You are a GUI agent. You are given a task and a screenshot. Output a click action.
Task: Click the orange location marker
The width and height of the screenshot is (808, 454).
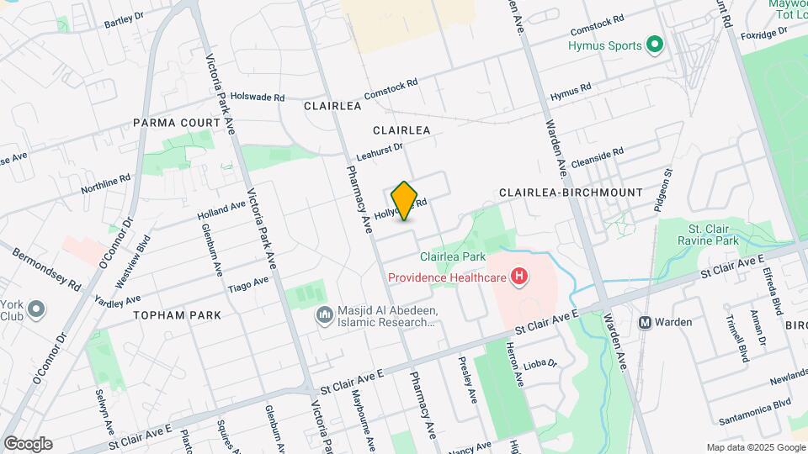coord(405,201)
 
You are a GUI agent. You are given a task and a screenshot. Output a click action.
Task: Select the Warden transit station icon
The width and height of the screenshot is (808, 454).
coord(646,322)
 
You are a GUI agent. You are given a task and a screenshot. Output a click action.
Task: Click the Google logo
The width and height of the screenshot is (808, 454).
coord(28,444)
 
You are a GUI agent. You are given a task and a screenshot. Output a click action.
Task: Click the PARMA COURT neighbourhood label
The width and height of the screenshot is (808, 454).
coord(176,123)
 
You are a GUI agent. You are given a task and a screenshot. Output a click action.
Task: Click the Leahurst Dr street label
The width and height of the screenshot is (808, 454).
coord(380,151)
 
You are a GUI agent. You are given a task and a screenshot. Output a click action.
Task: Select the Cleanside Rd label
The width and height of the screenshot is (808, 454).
coord(598,158)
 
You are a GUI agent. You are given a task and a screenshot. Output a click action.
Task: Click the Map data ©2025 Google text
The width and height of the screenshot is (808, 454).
coord(754,447)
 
